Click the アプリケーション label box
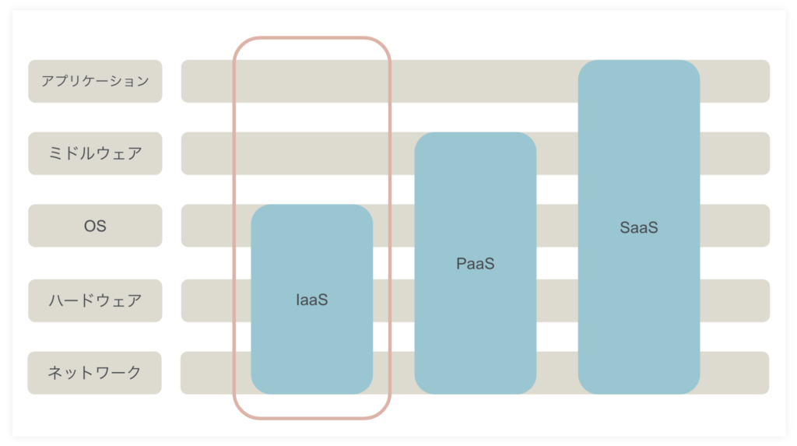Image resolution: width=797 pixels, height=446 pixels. pyautogui.click(x=95, y=82)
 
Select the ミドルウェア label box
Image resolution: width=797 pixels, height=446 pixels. pyautogui.click(x=95, y=153)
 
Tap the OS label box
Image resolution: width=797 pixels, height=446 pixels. pyautogui.click(x=95, y=226)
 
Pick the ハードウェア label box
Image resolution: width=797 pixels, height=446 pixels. pyautogui.click(x=95, y=300)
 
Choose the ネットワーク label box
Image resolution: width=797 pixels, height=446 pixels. pyautogui.click(x=94, y=373)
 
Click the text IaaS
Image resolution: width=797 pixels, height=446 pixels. pyautogui.click(x=311, y=300)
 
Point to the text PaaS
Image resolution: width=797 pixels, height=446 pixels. pyautogui.click(x=476, y=263)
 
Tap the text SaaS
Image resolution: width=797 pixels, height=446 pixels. pyautogui.click(x=639, y=227)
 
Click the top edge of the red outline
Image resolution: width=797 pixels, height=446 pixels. pyautogui.click(x=311, y=37)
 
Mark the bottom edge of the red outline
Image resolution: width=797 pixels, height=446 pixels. pyautogui.click(x=311, y=418)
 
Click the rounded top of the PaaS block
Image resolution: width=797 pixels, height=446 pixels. pyautogui.click(x=476, y=133)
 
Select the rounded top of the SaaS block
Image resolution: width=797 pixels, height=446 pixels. pyautogui.click(x=639, y=61)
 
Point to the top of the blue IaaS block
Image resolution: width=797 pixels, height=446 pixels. pyautogui.click(x=311, y=205)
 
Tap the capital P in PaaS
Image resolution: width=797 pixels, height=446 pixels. pyautogui.click(x=461, y=263)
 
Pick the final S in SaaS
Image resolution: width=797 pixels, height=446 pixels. pyautogui.click(x=653, y=227)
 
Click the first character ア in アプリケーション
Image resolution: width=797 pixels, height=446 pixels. pyautogui.click(x=47, y=82)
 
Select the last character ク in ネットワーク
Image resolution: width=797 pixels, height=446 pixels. pyautogui.click(x=134, y=373)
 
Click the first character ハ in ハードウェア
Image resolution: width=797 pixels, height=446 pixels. pyautogui.click(x=56, y=300)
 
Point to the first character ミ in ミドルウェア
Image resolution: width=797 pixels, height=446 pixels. pyautogui.click(x=55, y=153)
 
